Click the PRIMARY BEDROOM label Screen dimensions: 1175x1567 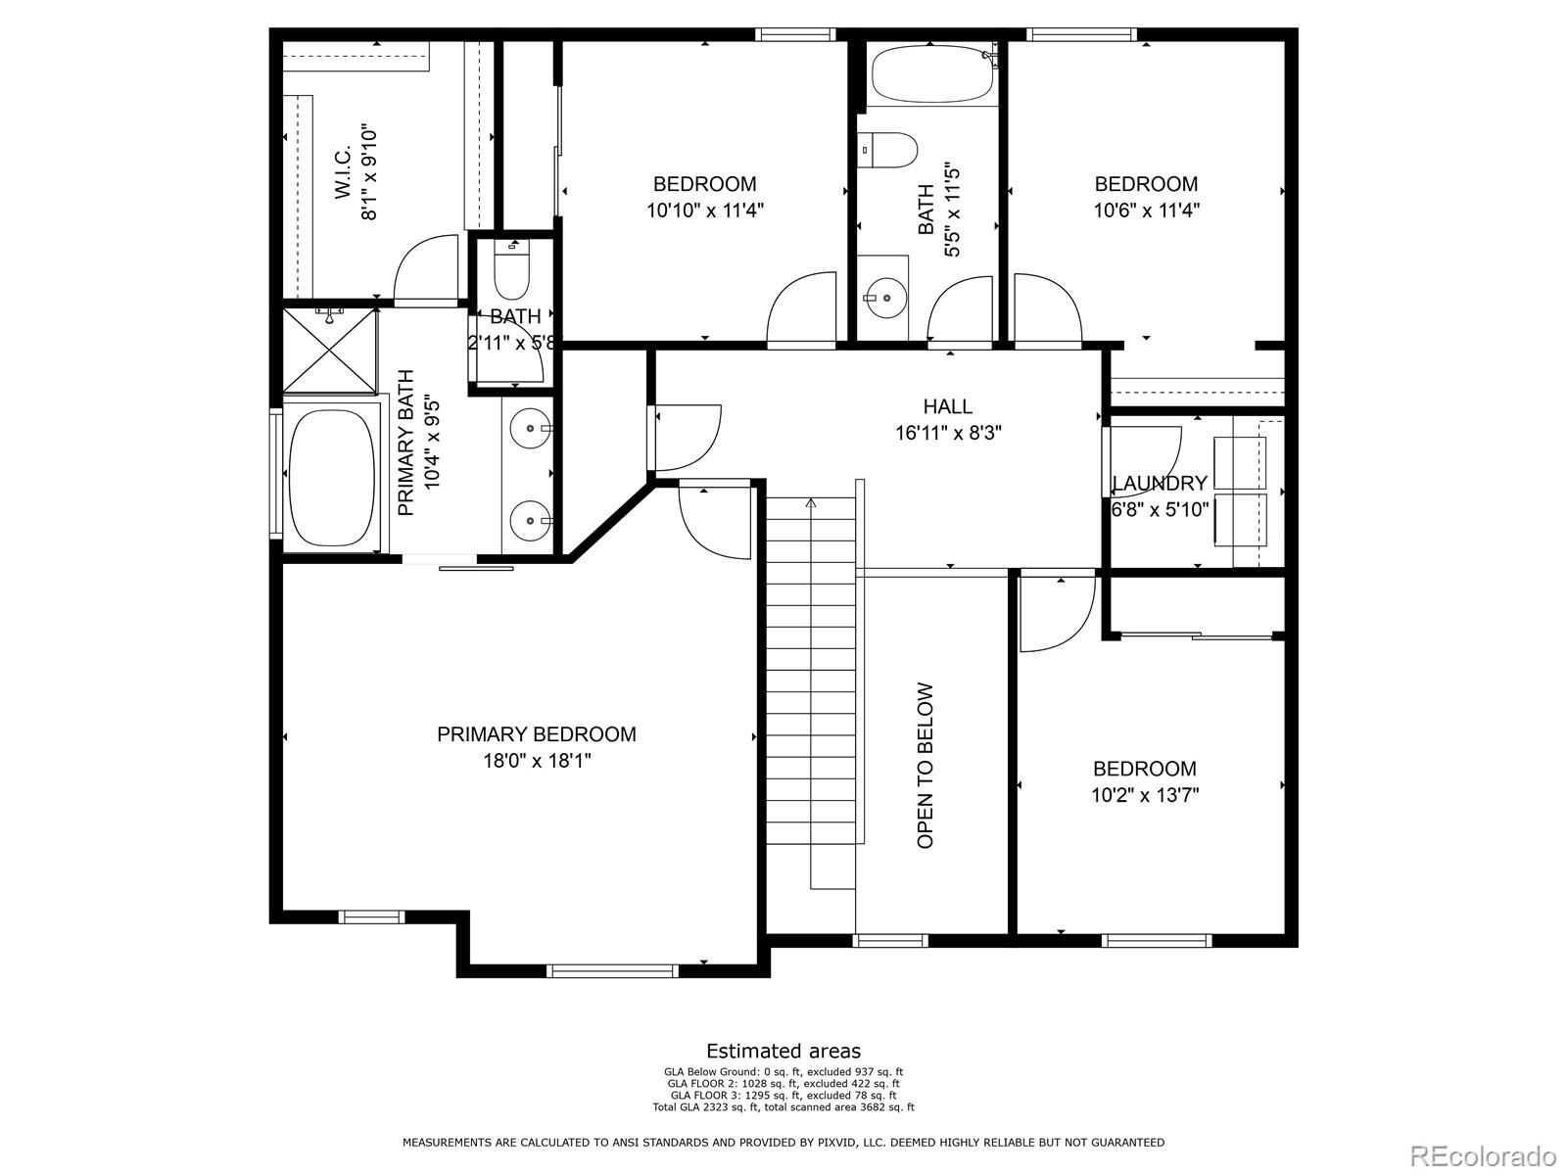[536, 734]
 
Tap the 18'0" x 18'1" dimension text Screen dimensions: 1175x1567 [530, 761]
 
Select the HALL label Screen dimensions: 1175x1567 [947, 406]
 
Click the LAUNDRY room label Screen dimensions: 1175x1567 [1160, 484]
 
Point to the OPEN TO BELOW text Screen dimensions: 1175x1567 [926, 765]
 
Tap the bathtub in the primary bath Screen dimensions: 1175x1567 [332, 478]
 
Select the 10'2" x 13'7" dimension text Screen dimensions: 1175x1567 [1145, 795]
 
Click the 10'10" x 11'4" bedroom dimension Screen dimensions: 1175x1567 [704, 210]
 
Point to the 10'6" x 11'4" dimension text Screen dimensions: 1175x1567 [1146, 210]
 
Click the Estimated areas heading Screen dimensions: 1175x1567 [783, 1052]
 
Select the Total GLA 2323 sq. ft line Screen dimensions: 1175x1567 [783, 1107]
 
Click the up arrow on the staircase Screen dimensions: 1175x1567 [811, 504]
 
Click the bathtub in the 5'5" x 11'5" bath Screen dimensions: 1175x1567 [931, 74]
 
